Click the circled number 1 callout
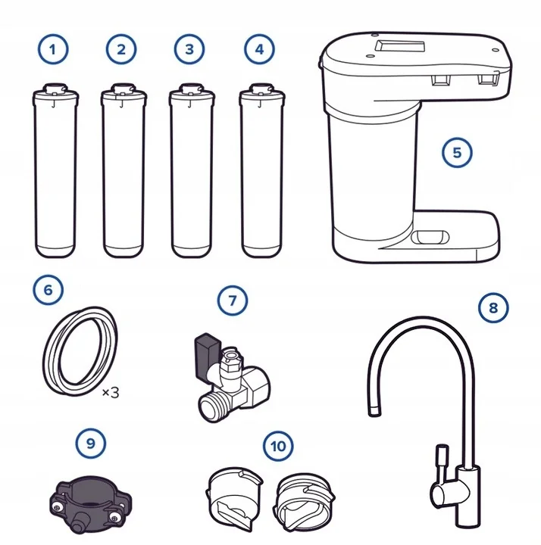click(53, 49)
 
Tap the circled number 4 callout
click(259, 49)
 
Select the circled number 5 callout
click(457, 153)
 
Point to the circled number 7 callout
click(233, 301)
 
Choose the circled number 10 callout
click(278, 446)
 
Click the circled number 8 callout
click(493, 307)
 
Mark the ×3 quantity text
click(111, 393)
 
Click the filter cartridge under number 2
click(124, 170)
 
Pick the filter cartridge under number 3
click(192, 170)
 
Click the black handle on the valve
click(208, 355)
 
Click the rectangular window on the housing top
click(400, 46)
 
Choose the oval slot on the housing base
click(430, 238)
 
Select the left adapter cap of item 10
click(234, 498)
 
